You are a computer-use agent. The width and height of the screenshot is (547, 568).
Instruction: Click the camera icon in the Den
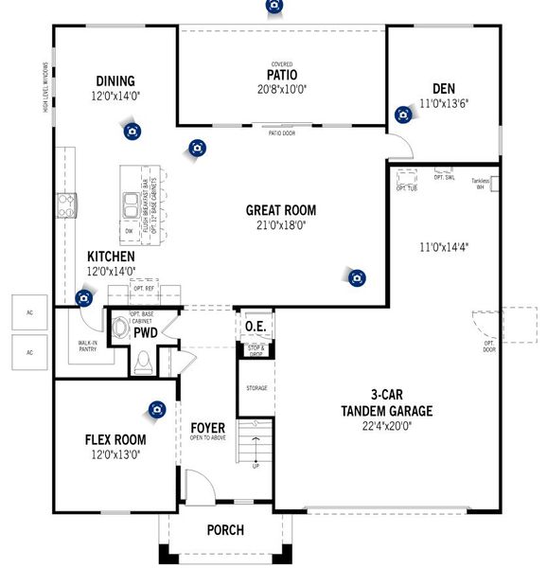click(403, 115)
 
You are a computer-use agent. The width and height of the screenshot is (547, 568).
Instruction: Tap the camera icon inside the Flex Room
click(156, 410)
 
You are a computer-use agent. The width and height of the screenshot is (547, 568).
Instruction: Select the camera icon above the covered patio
click(274, 5)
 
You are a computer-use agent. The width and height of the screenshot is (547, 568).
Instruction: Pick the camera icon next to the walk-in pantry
click(84, 298)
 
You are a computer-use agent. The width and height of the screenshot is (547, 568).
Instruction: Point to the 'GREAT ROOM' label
click(281, 210)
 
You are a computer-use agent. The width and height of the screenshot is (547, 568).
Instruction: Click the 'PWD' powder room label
click(145, 333)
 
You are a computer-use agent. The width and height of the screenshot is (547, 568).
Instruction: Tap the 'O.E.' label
click(256, 328)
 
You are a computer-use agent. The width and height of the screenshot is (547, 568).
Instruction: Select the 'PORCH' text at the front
click(225, 530)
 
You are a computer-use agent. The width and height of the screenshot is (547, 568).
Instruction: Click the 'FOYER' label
click(207, 428)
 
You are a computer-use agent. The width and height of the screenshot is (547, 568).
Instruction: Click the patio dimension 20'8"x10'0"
click(282, 89)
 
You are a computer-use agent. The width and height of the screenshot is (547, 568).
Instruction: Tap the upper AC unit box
click(29, 311)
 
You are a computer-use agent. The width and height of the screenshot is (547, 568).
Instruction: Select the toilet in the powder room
click(142, 360)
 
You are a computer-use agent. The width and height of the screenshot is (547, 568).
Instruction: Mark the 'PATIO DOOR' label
click(282, 133)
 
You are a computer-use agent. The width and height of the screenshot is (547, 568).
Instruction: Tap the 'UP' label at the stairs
click(255, 466)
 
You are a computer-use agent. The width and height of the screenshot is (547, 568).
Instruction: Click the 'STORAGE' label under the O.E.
click(256, 388)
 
